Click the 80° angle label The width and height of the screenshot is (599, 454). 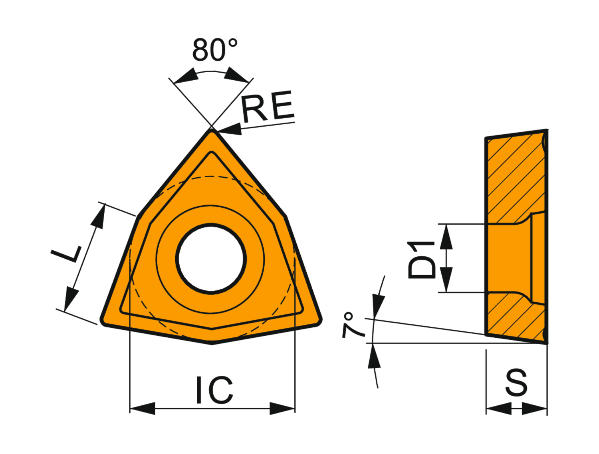click(215, 50)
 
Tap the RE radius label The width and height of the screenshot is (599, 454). click(268, 106)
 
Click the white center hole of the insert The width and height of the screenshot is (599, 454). click(211, 259)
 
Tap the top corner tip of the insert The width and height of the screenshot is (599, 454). click(212, 130)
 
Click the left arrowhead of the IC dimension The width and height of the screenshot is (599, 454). click(143, 408)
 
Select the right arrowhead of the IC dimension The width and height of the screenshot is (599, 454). click(282, 408)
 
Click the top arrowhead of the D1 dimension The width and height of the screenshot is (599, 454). click(446, 236)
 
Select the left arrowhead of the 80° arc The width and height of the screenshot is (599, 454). click(186, 76)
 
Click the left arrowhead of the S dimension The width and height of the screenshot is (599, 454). click(499, 408)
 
